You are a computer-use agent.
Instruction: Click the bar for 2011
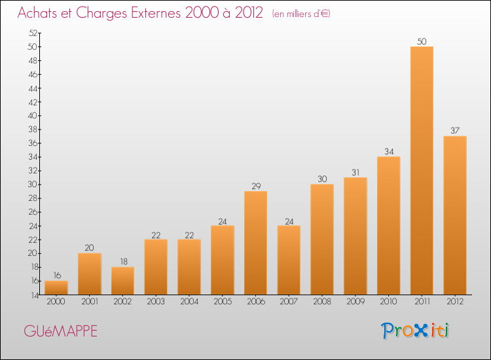422,171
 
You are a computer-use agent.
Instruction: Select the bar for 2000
56,288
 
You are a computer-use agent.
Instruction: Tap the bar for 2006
255,243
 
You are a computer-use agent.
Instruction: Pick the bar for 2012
455,215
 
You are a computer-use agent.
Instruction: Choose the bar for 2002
123,281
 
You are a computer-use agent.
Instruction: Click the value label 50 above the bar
422,41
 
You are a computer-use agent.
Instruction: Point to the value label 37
455,130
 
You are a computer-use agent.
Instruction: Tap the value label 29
256,186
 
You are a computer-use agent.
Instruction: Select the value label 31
355,172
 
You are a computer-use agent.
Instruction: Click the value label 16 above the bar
57,276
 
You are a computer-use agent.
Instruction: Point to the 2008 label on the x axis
322,301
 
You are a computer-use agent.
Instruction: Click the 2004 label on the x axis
189,301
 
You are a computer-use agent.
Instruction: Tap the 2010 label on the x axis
388,301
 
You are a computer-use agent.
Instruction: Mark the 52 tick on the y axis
33,33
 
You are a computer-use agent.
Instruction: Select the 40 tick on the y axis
33,116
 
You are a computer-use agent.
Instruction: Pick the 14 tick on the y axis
34,295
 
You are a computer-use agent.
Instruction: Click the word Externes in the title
155,12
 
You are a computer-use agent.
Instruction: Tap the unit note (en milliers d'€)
301,14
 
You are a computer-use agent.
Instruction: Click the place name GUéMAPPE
61,331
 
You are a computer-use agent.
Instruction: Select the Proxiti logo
415,331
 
